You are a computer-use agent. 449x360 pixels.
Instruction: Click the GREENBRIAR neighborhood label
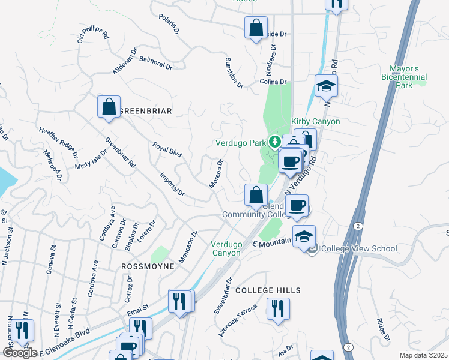(146, 111)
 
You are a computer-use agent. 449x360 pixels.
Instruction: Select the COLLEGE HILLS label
(268, 290)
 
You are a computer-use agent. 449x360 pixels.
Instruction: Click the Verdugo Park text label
(240, 143)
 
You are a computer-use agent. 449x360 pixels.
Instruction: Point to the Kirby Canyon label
(316, 122)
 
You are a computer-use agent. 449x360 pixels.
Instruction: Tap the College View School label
(359, 248)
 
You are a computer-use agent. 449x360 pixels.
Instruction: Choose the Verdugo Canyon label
(226, 248)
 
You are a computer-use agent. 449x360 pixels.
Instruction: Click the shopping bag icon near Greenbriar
(109, 107)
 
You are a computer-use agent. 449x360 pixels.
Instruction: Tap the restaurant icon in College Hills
(277, 309)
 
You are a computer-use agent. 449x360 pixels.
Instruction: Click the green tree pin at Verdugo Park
(275, 142)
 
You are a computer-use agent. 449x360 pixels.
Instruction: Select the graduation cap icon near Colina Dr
(326, 86)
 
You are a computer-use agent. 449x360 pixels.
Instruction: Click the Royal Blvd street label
(167, 149)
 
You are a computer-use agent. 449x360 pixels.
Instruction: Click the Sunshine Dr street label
(234, 73)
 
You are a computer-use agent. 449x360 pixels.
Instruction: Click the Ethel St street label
(137, 310)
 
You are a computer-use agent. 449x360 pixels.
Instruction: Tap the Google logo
(20, 352)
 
